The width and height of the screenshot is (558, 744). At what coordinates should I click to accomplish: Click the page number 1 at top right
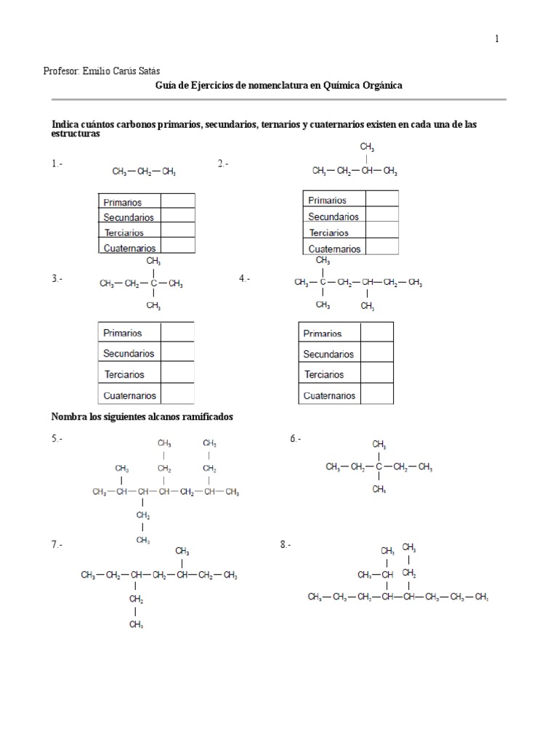pyautogui.click(x=497, y=39)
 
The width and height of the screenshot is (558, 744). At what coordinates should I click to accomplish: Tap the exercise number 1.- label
pyautogui.click(x=57, y=164)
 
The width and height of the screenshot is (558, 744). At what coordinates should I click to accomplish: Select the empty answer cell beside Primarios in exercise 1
pyautogui.click(x=178, y=201)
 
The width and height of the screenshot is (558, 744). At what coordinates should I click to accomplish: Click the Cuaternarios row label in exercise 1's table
pyautogui.click(x=130, y=248)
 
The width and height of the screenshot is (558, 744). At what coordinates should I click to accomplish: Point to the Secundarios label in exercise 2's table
pyautogui.click(x=333, y=217)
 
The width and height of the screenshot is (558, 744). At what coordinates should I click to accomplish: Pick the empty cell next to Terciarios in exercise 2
pyautogui.click(x=381, y=232)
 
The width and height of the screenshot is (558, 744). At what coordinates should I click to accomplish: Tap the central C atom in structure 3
pyautogui.click(x=154, y=283)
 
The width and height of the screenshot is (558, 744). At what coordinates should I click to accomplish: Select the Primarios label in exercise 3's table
pyautogui.click(x=123, y=333)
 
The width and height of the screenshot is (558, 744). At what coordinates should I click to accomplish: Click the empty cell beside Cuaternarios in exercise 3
pyautogui.click(x=177, y=395)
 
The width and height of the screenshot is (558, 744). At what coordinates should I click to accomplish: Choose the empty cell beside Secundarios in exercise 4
pyautogui.click(x=376, y=354)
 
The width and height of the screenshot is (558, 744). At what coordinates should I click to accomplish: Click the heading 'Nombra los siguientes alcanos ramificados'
pyautogui.click(x=142, y=417)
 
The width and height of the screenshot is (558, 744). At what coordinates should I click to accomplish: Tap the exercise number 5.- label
pyautogui.click(x=57, y=439)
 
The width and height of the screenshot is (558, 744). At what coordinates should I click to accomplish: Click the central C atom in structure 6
pyautogui.click(x=379, y=467)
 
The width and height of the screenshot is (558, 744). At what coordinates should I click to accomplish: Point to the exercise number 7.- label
pyautogui.click(x=57, y=544)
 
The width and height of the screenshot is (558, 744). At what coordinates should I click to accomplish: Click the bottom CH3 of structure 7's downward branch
pyautogui.click(x=135, y=624)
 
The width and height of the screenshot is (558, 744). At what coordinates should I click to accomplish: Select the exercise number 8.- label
pyautogui.click(x=285, y=544)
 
